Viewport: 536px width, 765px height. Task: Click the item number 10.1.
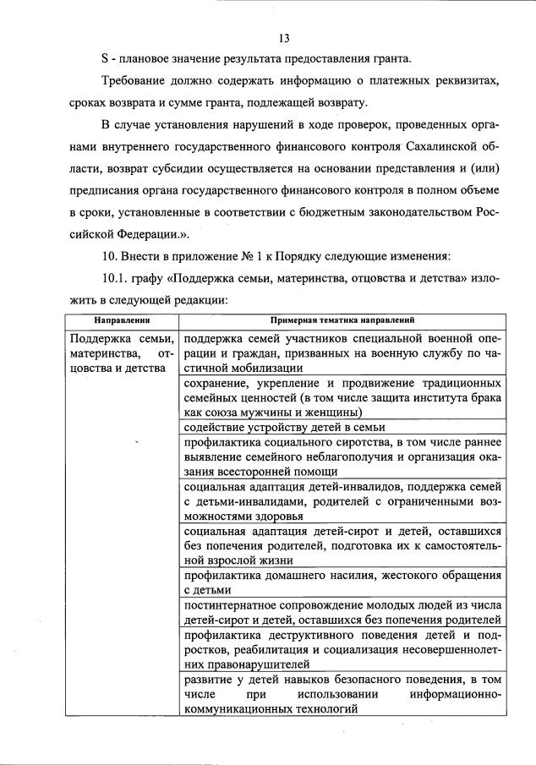click(116, 279)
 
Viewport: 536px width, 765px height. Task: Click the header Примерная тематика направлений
click(342, 321)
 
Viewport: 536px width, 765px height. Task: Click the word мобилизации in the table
click(258, 368)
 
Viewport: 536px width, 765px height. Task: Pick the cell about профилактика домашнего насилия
click(342, 582)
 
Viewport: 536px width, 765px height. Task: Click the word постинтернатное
click(234, 605)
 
